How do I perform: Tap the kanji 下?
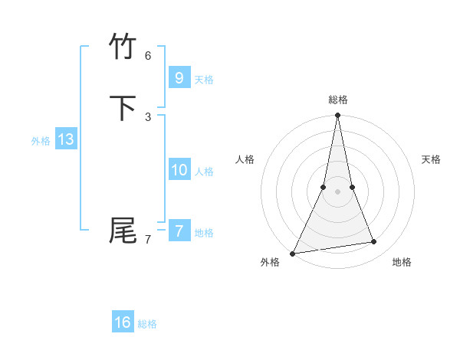coord(123,108)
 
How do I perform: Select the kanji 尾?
coord(123,230)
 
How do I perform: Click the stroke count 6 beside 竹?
coord(148,55)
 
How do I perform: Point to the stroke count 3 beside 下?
coord(148,116)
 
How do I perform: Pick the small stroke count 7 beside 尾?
coord(148,239)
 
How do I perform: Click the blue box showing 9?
coord(179,77)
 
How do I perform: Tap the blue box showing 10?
coord(179,169)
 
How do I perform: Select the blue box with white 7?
coord(179,231)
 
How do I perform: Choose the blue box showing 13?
coord(65,139)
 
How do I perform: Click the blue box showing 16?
coord(123,322)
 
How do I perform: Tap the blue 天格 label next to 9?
coord(204,80)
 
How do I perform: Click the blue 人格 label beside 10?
coord(204,172)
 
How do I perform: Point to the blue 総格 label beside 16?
coord(147,325)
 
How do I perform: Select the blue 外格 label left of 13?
coord(41,141)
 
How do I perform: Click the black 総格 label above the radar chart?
coord(337,100)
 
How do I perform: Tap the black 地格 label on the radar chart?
coord(402,262)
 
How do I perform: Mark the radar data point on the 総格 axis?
coord(337,116)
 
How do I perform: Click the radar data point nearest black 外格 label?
coord(293,253)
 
